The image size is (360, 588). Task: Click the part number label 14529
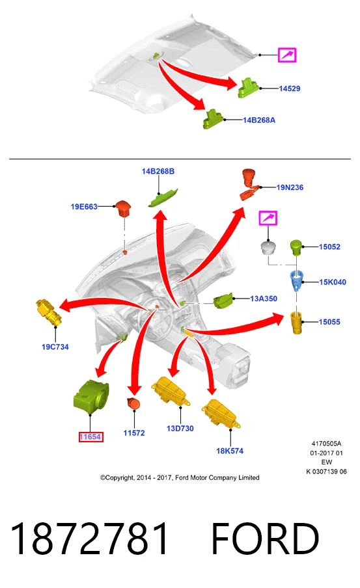coord(290,88)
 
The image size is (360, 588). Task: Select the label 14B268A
coord(259,120)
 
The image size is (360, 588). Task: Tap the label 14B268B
coord(158,171)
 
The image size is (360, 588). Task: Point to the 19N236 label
coord(290,187)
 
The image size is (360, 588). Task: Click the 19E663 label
coord(84,206)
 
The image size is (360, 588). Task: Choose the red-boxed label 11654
coord(90,437)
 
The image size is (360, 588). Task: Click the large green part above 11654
coord(91,396)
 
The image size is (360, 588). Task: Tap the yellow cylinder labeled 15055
coord(297,322)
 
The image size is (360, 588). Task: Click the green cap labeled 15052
coord(296,247)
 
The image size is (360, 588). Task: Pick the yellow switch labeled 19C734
coord(49,312)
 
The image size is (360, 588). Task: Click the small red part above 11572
coord(133,404)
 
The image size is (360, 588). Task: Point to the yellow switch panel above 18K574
coord(221,414)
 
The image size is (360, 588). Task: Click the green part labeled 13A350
coord(223,301)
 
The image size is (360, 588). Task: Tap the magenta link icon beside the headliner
coord(287,55)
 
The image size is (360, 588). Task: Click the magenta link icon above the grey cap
coord(268,218)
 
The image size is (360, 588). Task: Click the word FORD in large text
coord(266,539)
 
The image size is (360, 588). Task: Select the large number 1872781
coord(89,539)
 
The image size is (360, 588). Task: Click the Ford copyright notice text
coord(180,477)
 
